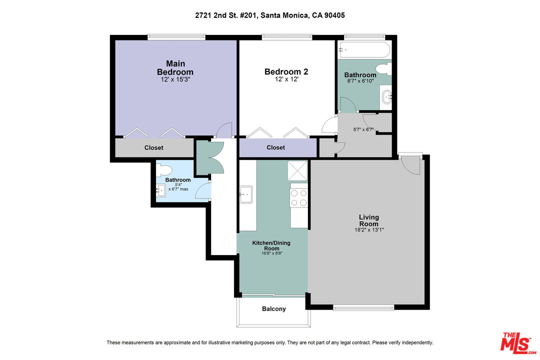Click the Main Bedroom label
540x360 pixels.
coord(175,67)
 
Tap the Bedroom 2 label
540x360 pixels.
coord(286,71)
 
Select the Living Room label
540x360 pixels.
coord(369,220)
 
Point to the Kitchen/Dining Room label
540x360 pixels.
coord(271,245)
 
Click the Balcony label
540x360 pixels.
coord(274,308)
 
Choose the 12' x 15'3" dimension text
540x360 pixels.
coord(175,79)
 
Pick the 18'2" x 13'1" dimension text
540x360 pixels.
coord(369,230)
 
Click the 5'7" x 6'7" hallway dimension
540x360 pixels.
coord(363,129)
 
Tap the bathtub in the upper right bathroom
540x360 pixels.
coord(364,50)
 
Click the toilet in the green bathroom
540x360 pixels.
coord(384,68)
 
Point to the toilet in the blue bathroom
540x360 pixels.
coord(164,170)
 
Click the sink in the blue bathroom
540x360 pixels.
coord(161,190)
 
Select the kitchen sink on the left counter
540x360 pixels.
coord(246,194)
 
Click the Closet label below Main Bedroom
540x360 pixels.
coord(153,147)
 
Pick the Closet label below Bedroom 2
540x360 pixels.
coord(275,147)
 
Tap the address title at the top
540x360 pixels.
coord(269,15)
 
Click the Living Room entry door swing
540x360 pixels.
coord(412,165)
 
